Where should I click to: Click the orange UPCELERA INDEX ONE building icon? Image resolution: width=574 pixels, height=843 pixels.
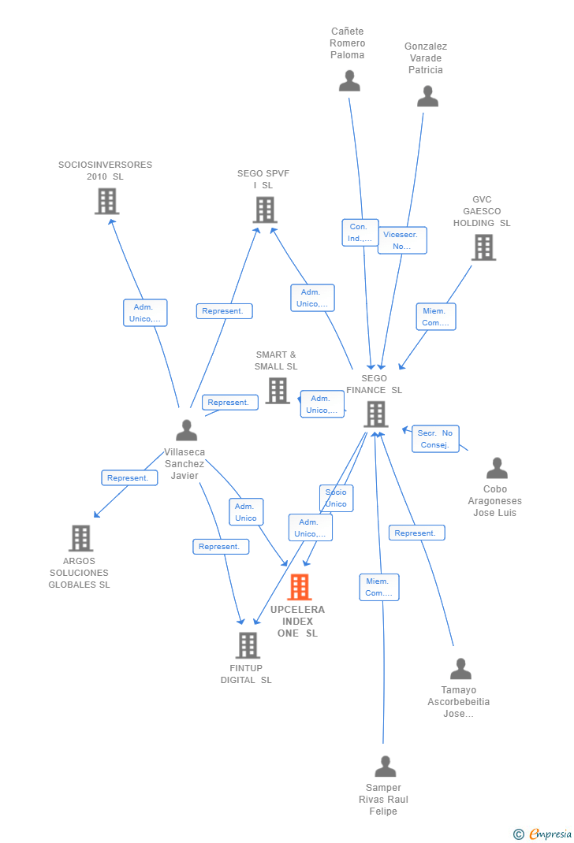coord(300,587)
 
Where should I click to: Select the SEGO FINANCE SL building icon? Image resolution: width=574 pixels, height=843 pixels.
coord(376,414)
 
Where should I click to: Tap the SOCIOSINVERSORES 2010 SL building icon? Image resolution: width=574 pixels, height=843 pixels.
coord(106,201)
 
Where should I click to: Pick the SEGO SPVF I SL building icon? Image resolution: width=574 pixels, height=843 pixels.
coord(265,210)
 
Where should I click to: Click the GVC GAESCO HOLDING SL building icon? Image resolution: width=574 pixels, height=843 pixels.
coord(483,247)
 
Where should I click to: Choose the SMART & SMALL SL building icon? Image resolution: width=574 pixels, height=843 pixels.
coord(278,390)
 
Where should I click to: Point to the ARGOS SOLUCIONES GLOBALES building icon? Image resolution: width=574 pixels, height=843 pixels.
coord(80,538)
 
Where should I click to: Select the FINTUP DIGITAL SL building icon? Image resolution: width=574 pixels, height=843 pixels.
coord(248,645)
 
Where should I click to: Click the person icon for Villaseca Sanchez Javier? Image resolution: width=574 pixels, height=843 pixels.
coord(187,430)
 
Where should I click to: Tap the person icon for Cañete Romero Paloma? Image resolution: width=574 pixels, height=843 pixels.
coord(349,80)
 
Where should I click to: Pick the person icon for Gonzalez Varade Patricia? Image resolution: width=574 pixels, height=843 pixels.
coord(427,96)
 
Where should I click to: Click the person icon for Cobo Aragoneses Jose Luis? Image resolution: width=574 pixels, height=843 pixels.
coord(497,468)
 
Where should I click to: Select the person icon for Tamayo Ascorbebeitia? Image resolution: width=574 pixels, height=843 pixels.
coord(460,669)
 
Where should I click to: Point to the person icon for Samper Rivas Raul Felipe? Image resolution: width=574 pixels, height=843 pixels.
coord(385,766)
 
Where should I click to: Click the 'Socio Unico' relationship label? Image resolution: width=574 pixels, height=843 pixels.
coord(336,498)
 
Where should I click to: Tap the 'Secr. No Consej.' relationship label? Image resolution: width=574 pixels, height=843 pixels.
coord(435,439)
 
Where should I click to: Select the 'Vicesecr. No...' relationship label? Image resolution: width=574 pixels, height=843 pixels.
coord(402,240)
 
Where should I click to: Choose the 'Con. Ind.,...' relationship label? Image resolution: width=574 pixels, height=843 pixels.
coord(360,232)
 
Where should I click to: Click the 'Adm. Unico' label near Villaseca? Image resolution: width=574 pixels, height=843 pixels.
coord(246,512)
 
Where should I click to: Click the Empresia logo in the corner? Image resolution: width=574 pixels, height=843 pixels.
coord(543,834)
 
